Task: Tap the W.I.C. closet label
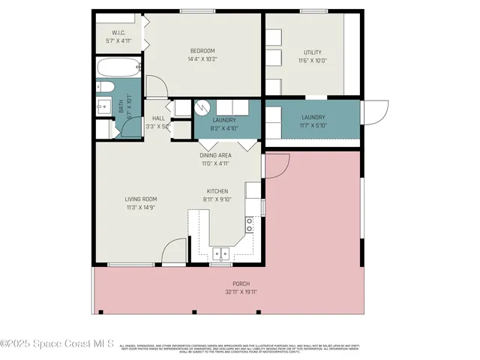click(118, 33)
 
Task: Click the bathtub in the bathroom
click(118, 68)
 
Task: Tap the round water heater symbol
click(202, 106)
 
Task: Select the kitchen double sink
click(220, 252)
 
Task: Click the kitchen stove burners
click(249, 224)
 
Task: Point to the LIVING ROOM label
click(140, 199)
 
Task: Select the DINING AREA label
click(215, 155)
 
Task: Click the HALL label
click(158, 118)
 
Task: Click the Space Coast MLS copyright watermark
click(57, 344)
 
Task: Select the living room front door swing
click(173, 249)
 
